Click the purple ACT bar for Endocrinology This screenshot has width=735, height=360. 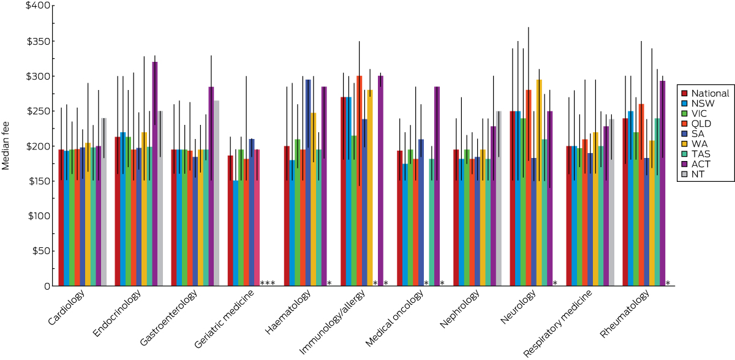coord(155,174)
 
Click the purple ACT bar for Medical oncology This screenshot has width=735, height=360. coord(437,186)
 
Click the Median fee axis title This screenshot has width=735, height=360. coord(7,146)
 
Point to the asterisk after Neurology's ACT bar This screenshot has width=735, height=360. coord(555,283)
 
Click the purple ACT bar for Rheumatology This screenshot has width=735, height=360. coord(663,184)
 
